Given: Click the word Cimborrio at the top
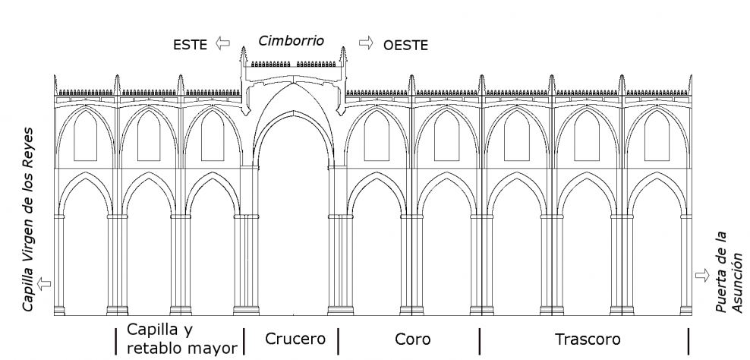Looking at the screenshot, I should tap(291, 41).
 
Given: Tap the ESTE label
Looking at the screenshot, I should tap(190, 45).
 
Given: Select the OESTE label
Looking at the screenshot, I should tap(405, 46).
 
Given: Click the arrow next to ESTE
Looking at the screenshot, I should tap(222, 43).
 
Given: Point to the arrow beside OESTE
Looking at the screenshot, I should tap(366, 43).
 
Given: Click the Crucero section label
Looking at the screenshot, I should tap(295, 339).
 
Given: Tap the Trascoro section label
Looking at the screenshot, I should tap(587, 339).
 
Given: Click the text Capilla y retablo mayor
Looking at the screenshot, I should tap(182, 339).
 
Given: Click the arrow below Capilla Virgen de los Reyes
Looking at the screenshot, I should tap(44, 283).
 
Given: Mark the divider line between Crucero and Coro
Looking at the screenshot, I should tap(338, 340).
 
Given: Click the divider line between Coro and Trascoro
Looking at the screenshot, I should tap(480, 340).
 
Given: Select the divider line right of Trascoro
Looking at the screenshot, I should tap(689, 340).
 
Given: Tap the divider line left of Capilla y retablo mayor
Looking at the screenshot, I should tap(115, 340).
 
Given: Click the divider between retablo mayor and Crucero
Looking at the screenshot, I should tap(244, 340).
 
